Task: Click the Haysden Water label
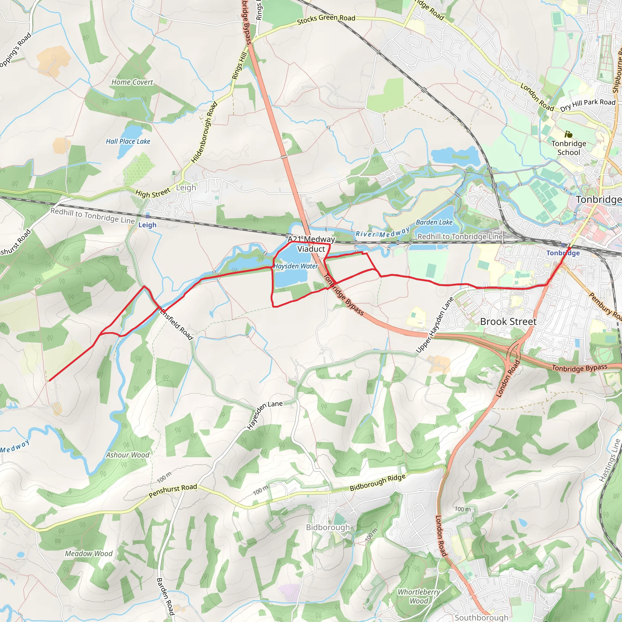point(296,266)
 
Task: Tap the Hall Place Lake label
point(128,141)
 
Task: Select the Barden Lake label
point(434,222)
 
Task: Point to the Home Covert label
point(132,82)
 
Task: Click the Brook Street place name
point(508,321)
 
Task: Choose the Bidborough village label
point(328,527)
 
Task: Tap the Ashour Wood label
point(128,455)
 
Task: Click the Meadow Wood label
point(89,553)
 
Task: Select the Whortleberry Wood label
point(419,596)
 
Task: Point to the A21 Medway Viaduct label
point(311,244)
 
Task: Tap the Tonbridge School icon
point(569,134)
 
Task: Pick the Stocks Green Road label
point(326,19)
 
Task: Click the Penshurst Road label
point(173,491)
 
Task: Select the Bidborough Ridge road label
point(377,482)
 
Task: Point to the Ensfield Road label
point(176,325)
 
